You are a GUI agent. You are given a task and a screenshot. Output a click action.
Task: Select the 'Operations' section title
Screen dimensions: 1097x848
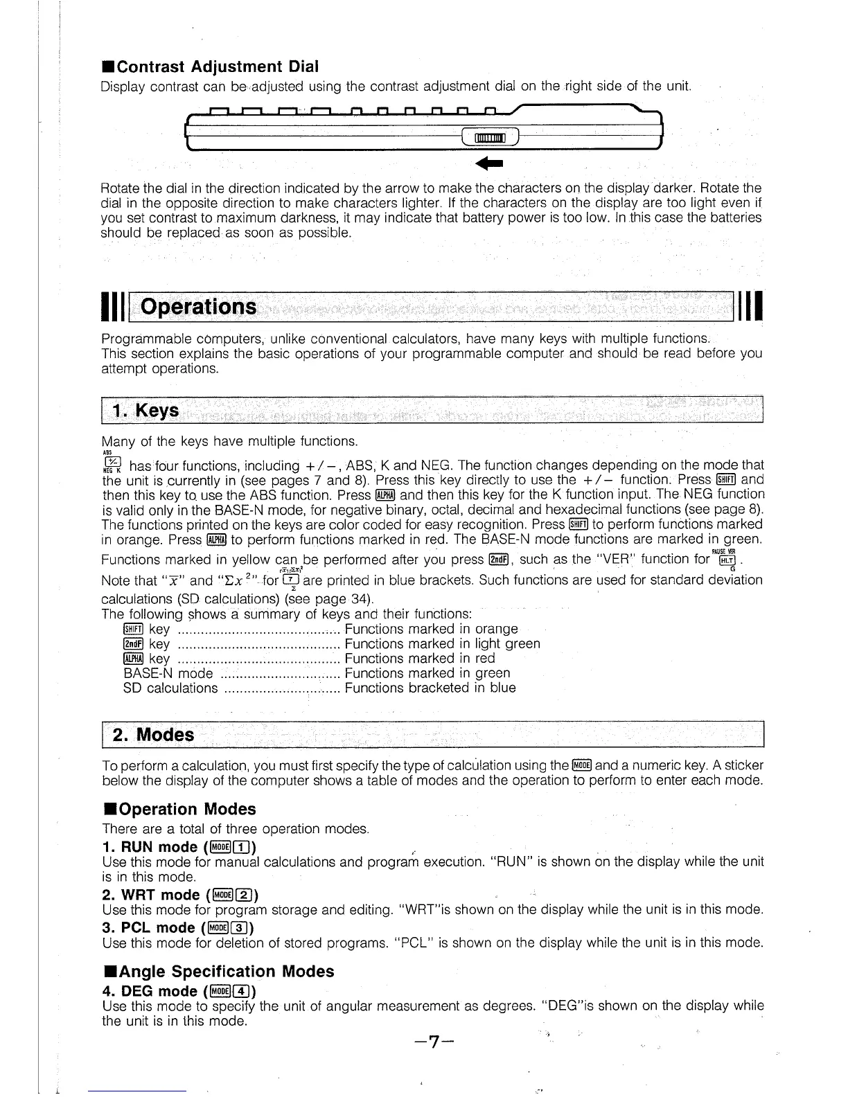tap(199, 307)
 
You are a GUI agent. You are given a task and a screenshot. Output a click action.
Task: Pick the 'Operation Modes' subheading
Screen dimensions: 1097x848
tap(179, 809)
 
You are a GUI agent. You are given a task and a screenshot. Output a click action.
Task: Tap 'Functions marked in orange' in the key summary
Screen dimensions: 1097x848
tap(431, 629)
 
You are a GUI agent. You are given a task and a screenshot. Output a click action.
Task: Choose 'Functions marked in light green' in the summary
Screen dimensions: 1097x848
tap(442, 644)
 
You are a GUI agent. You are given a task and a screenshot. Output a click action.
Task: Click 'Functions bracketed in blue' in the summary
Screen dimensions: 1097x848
tap(430, 688)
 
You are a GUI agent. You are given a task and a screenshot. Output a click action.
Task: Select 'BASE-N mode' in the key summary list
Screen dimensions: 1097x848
tap(168, 673)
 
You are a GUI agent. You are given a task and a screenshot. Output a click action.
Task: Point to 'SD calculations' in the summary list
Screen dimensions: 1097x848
tap(170, 688)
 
